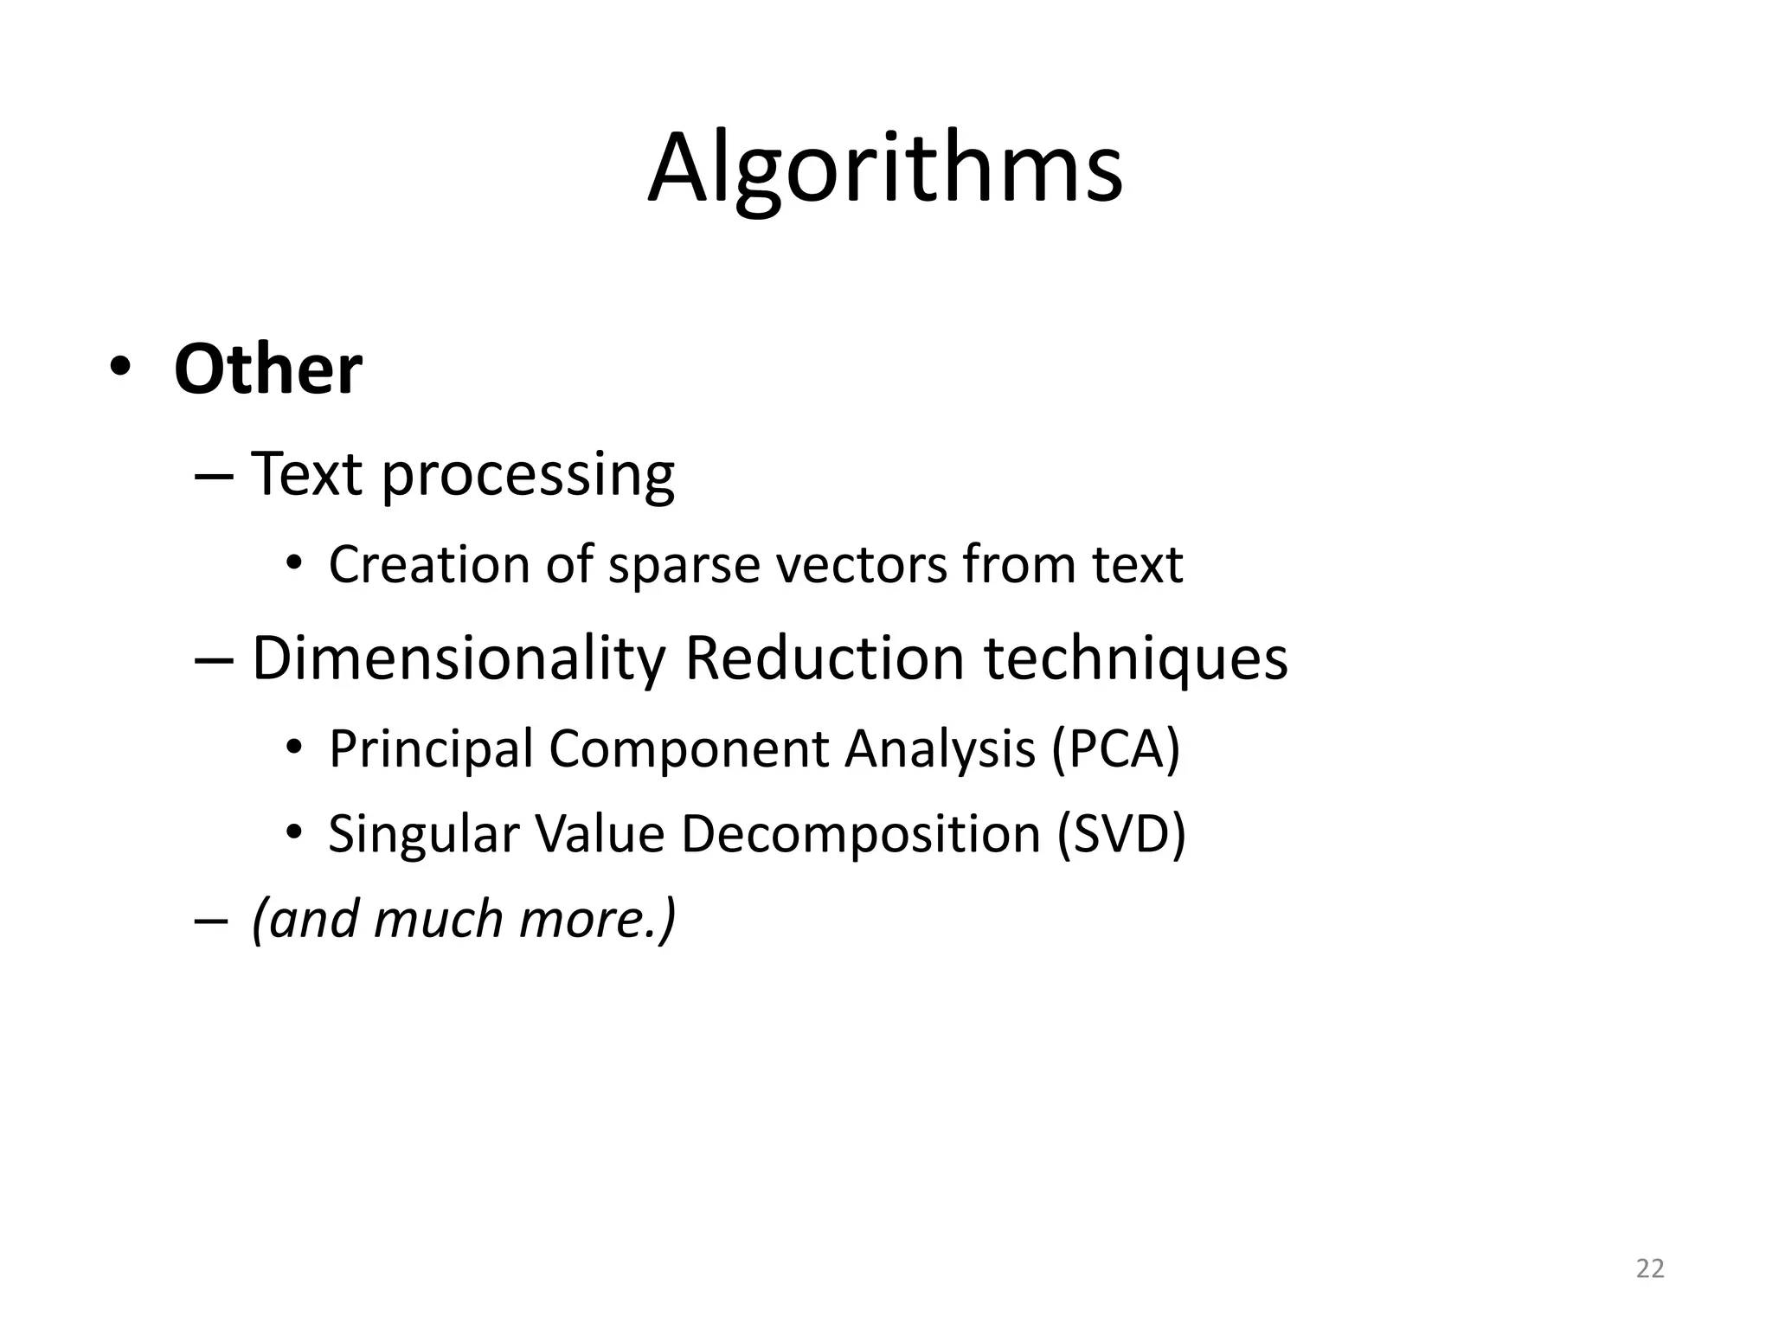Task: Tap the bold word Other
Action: click(x=267, y=369)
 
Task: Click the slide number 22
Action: click(x=1650, y=1268)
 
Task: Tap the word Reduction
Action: click(x=824, y=658)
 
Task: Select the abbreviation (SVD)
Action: click(x=1120, y=834)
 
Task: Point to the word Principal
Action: click(x=430, y=749)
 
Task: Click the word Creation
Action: click(x=429, y=565)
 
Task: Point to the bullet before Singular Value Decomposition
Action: click(x=294, y=832)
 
